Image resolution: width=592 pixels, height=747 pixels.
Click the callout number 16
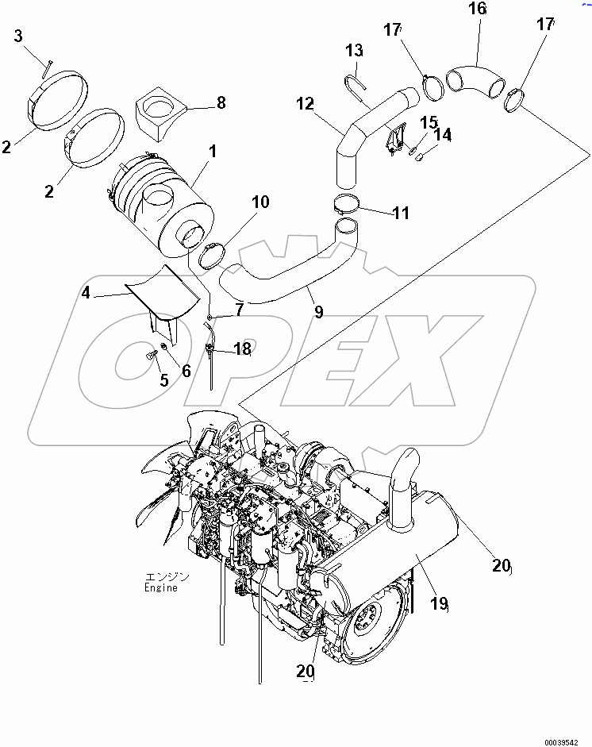pos(478,10)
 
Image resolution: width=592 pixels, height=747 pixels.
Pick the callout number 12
pos(306,103)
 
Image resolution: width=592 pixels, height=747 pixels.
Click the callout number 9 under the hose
pos(318,312)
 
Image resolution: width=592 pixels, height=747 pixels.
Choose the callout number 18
pos(242,348)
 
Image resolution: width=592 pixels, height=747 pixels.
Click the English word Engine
pos(161,588)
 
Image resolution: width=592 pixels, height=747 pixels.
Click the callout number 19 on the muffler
pos(439,605)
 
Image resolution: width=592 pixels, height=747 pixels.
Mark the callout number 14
pos(442,136)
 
